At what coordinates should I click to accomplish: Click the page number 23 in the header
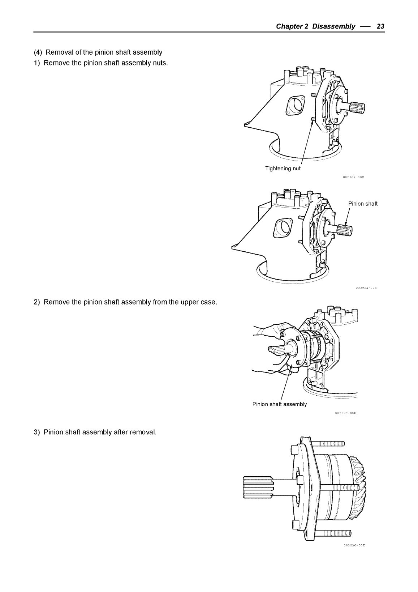tap(380, 26)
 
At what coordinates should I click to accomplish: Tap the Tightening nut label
tap(283, 169)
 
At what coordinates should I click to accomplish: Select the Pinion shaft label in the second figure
tap(363, 204)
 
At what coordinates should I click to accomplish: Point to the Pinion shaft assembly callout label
tap(279, 404)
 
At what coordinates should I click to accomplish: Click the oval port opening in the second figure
tap(283, 228)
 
